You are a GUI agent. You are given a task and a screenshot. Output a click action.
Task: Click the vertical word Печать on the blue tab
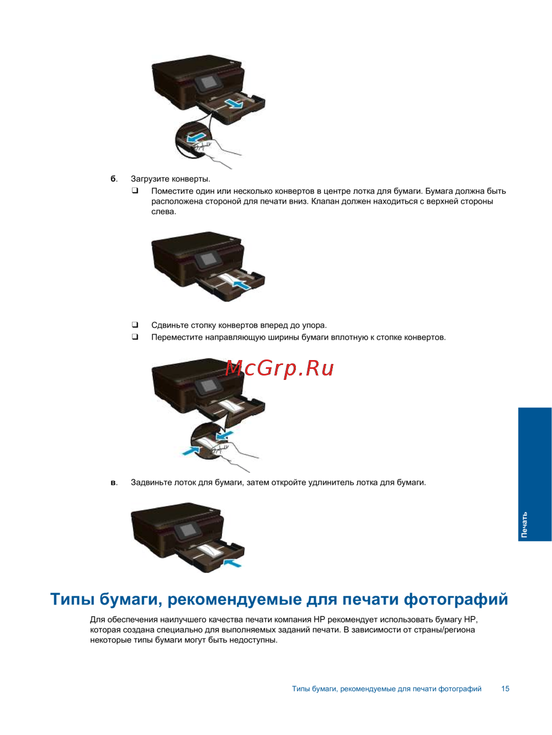[x=524, y=525]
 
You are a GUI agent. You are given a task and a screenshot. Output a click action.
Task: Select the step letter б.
[x=114, y=178]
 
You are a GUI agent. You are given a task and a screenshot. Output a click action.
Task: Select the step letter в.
[x=114, y=483]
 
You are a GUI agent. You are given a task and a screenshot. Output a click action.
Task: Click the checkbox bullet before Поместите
[x=135, y=191]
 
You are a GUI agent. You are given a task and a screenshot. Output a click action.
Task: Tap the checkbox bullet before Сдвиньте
[x=135, y=325]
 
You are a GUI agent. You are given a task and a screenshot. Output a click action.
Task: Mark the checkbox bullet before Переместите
[x=135, y=336]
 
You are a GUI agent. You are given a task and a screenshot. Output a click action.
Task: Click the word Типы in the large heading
[x=72, y=599]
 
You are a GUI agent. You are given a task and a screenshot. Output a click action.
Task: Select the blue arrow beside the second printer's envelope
[x=242, y=285]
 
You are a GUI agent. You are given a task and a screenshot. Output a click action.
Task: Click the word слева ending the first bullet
[x=163, y=211]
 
